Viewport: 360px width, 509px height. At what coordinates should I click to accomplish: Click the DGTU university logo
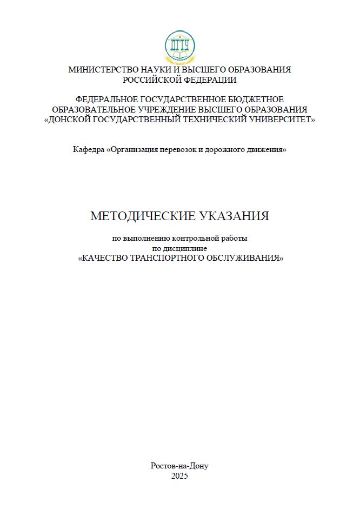(179, 47)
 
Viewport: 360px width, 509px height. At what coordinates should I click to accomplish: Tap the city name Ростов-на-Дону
(179, 466)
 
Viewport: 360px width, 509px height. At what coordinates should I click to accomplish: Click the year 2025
(179, 476)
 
